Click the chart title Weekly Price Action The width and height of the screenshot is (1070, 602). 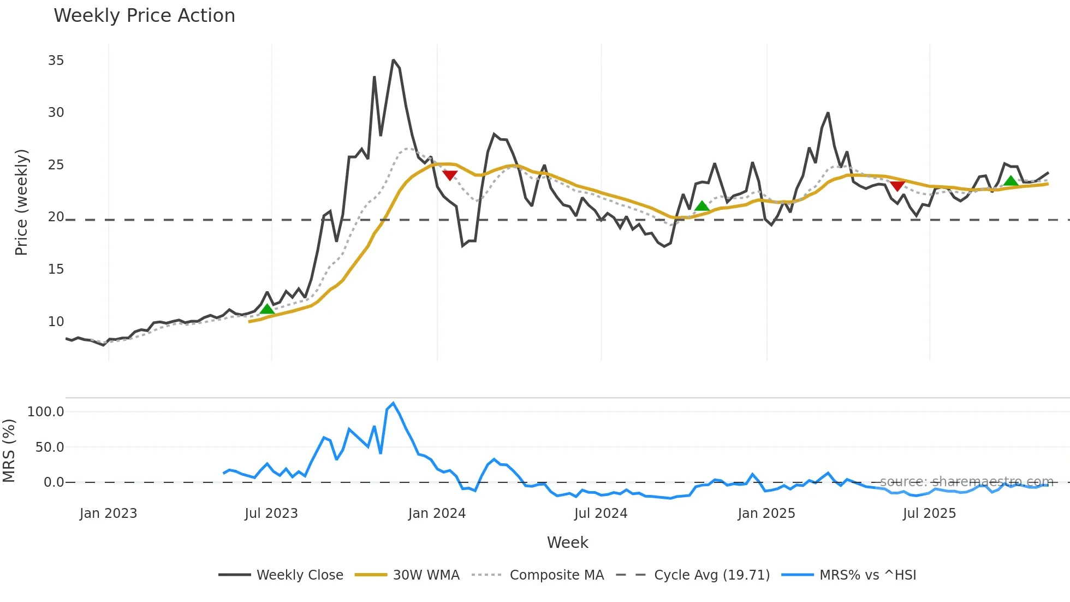point(144,16)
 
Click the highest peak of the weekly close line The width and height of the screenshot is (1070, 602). point(393,61)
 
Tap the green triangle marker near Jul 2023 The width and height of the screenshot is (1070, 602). point(267,309)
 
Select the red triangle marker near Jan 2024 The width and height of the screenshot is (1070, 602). point(450,175)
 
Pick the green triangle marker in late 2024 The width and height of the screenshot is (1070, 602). point(702,206)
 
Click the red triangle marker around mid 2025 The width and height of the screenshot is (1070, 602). point(897,186)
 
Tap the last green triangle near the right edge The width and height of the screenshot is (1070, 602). point(1011,181)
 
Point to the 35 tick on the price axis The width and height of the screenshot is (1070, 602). point(56,61)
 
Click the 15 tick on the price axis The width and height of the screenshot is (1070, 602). point(56,269)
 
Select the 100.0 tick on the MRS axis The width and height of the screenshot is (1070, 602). point(45,412)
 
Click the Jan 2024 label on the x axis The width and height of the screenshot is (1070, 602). point(437,514)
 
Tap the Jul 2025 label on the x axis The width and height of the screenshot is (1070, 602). point(929,514)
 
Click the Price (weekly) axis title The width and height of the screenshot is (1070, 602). point(21,202)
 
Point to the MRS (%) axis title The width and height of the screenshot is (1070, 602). point(9,451)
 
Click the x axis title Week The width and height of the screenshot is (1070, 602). point(567,542)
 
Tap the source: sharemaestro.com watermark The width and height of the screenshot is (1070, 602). point(966,482)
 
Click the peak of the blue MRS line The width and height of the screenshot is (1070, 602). point(393,404)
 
